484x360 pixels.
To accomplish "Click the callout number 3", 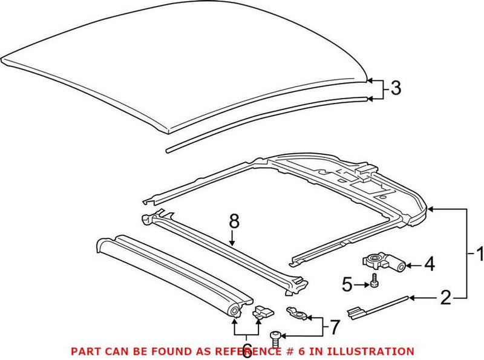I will coord(394,88).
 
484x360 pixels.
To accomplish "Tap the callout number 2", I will coord(445,297).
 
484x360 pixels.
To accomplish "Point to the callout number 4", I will coord(428,264).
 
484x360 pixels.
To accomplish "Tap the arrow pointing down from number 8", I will coord(234,239).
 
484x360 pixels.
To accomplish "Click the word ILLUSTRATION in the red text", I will coord(374,351).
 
